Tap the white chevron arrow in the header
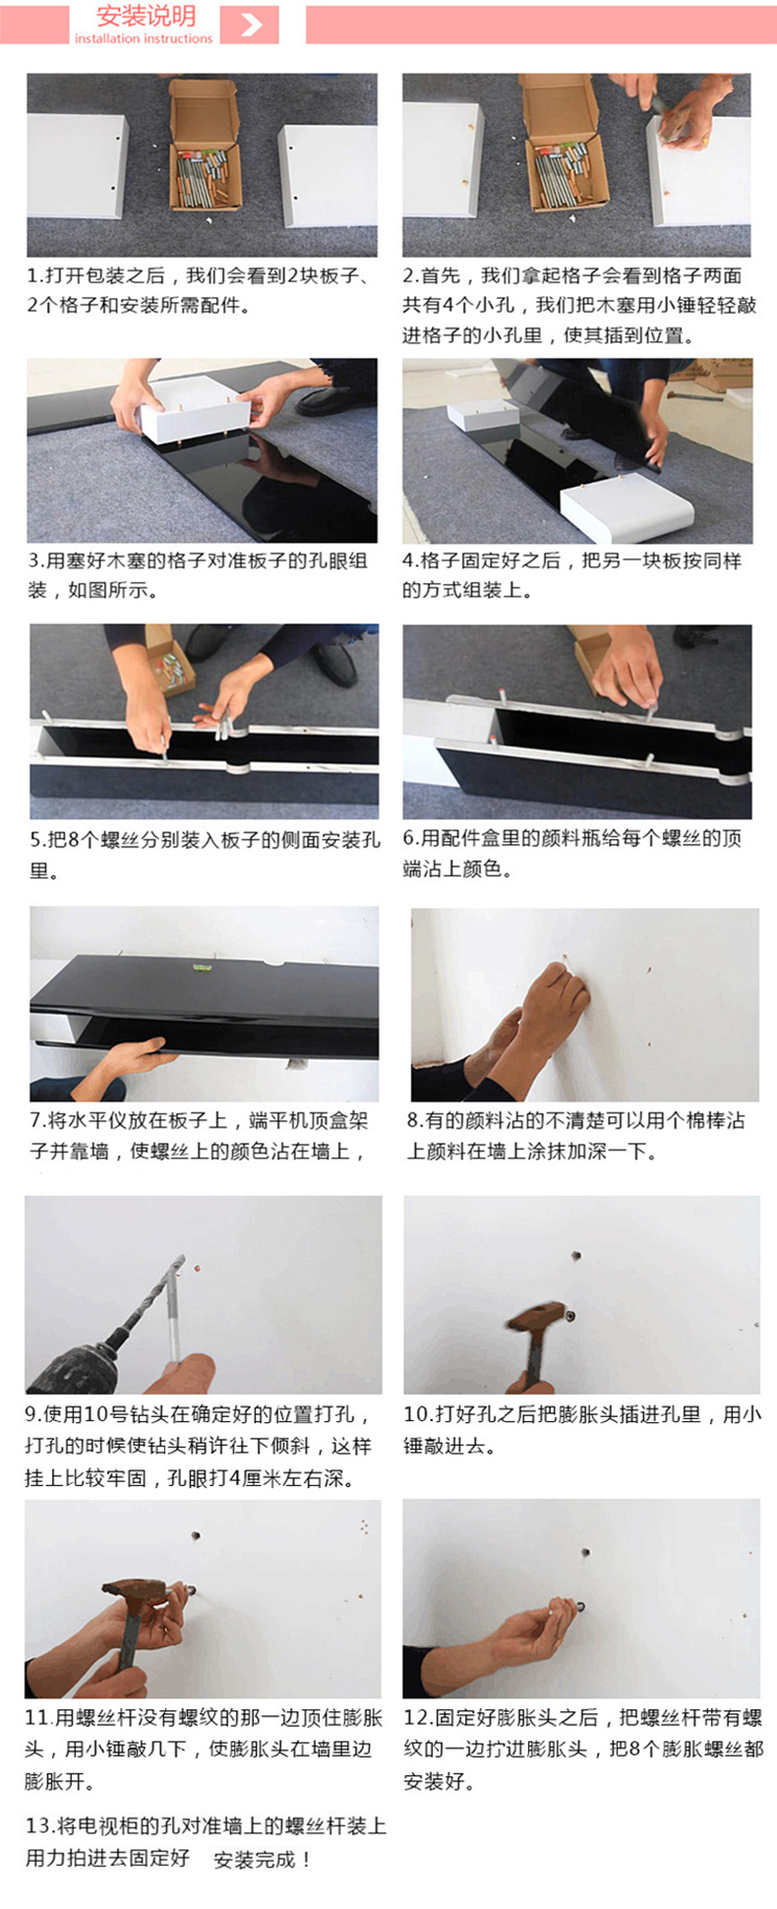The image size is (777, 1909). coord(251,24)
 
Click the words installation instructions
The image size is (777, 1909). coord(144,38)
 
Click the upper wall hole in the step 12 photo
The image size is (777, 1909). coord(585,1553)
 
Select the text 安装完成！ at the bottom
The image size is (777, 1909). coord(264,1858)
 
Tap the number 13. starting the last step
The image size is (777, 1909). coord(39,1825)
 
